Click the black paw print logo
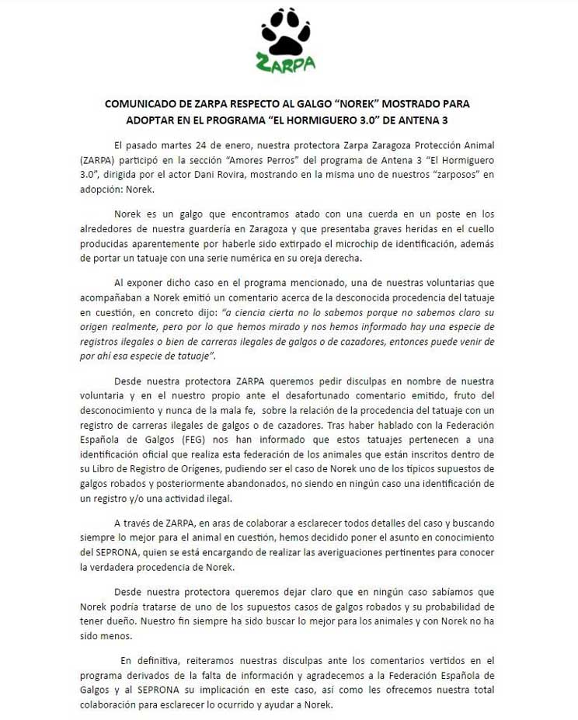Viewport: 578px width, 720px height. coord(286,31)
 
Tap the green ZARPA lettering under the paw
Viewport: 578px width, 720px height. coord(286,63)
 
